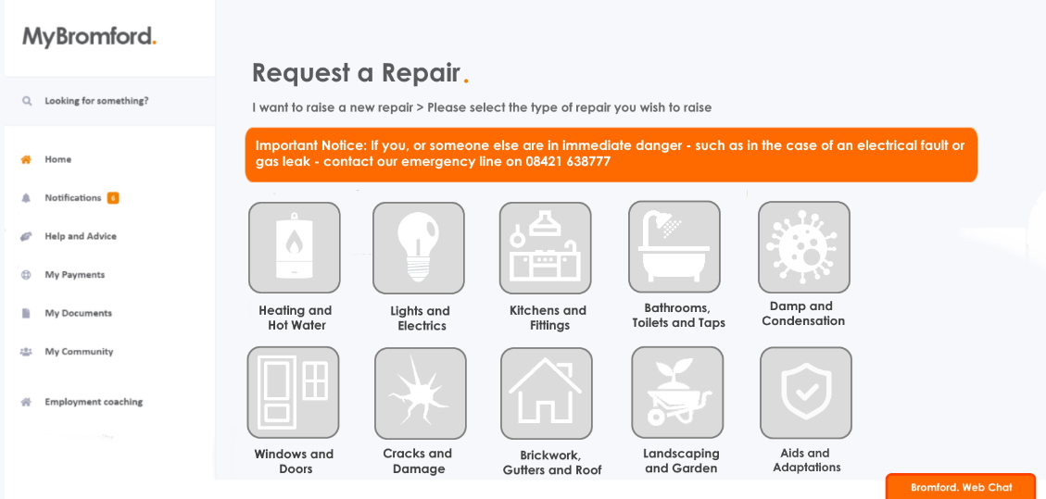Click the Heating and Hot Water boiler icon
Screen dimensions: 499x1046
(295, 247)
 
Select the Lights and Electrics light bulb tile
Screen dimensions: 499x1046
(419, 248)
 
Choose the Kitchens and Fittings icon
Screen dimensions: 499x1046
(545, 248)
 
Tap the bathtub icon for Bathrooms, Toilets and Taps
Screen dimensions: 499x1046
(674, 246)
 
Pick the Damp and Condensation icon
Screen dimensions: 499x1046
(803, 247)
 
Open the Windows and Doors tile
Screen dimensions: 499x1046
(293, 393)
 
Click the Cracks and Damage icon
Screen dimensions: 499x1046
(420, 393)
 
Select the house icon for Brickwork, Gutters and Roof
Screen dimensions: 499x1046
(546, 393)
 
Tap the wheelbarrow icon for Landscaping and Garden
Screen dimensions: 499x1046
(677, 393)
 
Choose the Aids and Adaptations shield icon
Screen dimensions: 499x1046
(805, 393)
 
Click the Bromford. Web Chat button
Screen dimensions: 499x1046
(961, 487)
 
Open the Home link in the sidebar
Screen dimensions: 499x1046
(57, 159)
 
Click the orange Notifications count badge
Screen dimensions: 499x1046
(113, 198)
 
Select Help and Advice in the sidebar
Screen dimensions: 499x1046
(81, 236)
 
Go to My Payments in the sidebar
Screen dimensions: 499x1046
(74, 275)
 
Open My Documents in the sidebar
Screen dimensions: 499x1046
(78, 313)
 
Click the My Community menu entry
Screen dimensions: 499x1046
(79, 352)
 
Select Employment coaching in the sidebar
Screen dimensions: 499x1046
(94, 402)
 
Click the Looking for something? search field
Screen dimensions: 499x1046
(96, 101)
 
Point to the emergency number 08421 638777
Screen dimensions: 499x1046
(569, 161)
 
